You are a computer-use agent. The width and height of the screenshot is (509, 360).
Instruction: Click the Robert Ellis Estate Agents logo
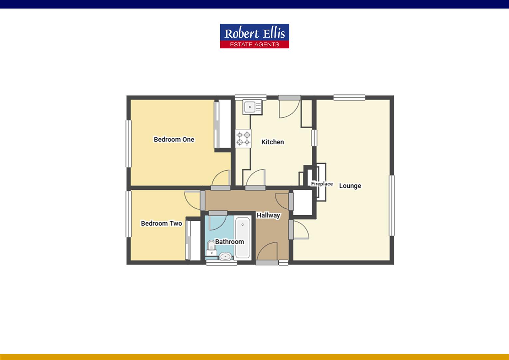tap(254, 36)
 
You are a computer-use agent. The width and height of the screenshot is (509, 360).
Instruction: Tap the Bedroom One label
tap(174, 139)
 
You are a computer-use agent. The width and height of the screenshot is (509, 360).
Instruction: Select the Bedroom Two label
tap(161, 223)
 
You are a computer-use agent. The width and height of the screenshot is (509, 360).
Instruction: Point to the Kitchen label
tap(272, 142)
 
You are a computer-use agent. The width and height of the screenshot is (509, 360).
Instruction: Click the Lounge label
tap(350, 186)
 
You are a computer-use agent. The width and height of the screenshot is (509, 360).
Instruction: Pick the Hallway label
tap(268, 215)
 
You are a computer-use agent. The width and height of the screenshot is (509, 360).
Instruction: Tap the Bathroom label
tap(229, 242)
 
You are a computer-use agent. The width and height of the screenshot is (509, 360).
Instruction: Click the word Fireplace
tap(322, 184)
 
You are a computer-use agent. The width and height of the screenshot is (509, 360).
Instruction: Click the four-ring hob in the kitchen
tap(243, 139)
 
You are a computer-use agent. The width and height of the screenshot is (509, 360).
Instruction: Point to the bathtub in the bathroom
tap(243, 237)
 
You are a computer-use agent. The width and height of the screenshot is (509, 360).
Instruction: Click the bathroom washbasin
tap(226, 257)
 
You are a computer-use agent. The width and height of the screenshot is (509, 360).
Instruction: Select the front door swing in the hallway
tap(268, 252)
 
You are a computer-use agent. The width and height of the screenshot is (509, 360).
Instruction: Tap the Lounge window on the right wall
tap(392, 205)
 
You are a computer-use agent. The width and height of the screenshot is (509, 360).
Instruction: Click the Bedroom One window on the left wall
tap(128, 143)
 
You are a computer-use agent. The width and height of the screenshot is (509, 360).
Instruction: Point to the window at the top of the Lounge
tap(349, 98)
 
